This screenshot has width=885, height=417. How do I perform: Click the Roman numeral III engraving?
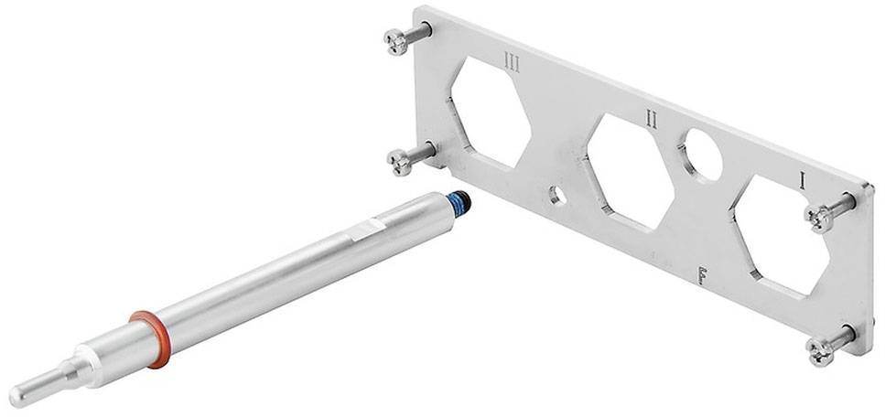(513, 63)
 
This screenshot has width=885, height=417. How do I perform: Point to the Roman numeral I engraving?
(803, 181)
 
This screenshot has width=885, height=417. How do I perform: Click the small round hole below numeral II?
(556, 195)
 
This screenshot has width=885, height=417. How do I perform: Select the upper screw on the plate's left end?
(400, 39)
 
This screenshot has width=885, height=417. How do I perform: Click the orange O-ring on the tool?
(149, 337)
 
